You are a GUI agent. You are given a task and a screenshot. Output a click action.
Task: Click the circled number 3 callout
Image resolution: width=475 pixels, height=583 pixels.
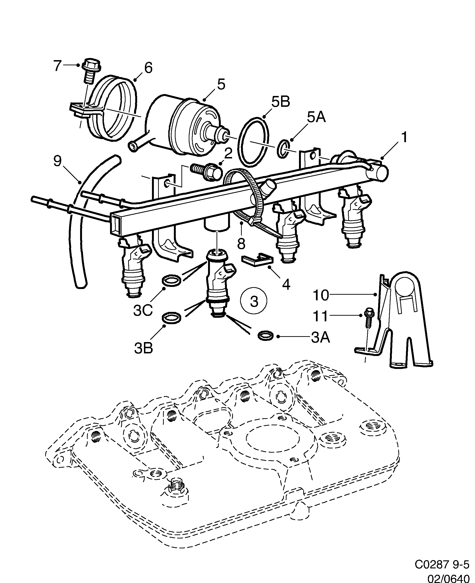[254, 301]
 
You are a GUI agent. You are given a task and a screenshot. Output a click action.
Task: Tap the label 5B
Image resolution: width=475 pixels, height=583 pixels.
[280, 102]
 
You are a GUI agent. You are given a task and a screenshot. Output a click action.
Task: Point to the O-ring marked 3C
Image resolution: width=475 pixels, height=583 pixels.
[172, 281]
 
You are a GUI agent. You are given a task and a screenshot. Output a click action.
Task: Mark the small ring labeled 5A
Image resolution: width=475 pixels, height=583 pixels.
[284, 149]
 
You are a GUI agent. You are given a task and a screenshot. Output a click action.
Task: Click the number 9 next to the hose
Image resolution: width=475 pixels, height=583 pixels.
[57, 161]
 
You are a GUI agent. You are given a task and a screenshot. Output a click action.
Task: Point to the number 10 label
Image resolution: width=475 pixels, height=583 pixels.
[320, 295]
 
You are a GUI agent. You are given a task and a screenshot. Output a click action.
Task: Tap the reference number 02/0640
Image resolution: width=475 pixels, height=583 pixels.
[448, 575]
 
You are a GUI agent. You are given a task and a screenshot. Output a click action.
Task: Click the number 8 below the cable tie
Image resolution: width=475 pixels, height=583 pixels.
[241, 244]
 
